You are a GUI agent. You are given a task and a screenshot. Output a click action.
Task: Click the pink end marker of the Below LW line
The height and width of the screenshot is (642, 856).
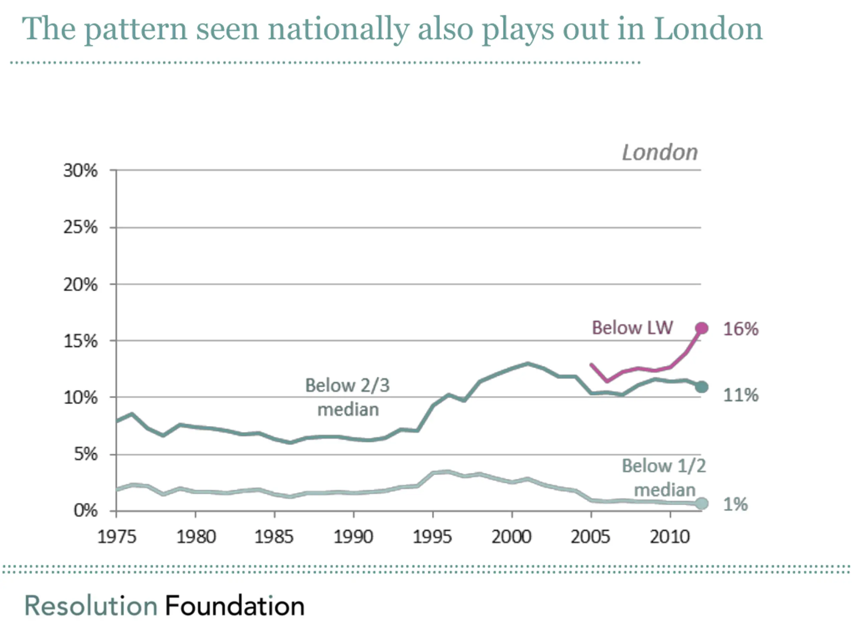[x=701, y=328]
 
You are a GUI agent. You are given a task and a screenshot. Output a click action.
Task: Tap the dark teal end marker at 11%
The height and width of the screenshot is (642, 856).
[x=701, y=387]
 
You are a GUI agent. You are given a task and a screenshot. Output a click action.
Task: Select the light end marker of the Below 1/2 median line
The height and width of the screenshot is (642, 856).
[x=701, y=504]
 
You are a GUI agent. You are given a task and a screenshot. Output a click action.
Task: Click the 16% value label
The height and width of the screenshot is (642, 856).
[x=741, y=329]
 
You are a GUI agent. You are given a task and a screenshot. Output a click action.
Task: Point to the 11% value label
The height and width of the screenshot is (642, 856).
[x=741, y=395]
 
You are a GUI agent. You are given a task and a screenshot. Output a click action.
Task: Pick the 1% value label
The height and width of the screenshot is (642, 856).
[x=735, y=504]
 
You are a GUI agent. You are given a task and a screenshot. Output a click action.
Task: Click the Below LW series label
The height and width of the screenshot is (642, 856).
[x=632, y=328]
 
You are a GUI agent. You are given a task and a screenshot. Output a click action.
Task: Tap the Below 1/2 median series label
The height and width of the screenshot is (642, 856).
[x=664, y=478]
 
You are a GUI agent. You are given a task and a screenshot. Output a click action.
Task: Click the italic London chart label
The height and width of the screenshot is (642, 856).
[x=660, y=152]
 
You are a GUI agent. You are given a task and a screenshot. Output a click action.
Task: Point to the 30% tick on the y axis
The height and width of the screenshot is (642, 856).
[x=81, y=171]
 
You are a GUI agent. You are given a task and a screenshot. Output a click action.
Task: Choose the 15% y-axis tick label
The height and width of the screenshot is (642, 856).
[x=81, y=341]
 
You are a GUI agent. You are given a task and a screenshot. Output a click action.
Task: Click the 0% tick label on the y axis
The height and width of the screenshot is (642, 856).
[x=86, y=511]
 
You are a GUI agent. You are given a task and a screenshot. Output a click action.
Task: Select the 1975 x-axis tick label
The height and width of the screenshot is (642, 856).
[x=116, y=537]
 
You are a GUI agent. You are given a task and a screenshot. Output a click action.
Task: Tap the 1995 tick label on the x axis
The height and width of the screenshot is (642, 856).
[x=432, y=537]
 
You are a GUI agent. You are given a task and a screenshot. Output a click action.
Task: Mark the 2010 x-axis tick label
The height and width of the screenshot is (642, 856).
[x=669, y=537]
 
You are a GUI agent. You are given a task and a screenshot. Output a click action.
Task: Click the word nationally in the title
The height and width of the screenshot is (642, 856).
[x=339, y=29]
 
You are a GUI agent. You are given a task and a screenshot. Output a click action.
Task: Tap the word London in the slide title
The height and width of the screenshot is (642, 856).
[x=708, y=29]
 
